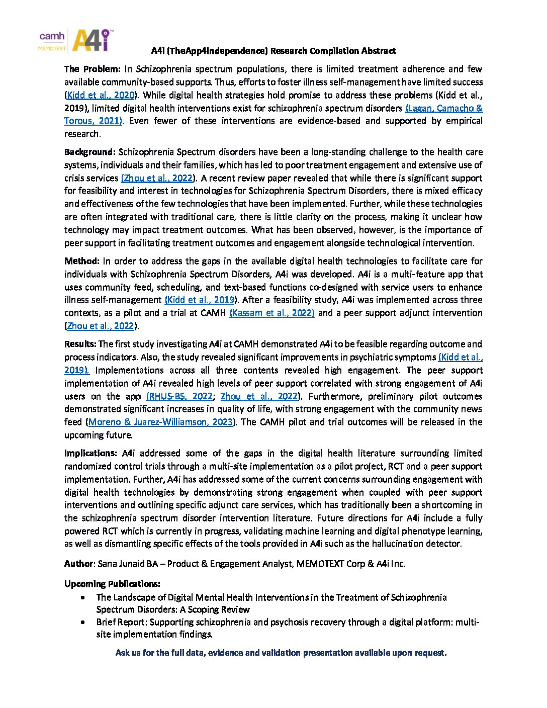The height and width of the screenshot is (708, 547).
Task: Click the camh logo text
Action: coord(52,36)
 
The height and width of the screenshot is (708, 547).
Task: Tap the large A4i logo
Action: coord(92,40)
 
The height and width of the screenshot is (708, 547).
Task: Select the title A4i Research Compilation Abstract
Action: coord(273,51)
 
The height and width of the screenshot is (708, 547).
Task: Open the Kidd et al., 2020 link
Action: coord(101,95)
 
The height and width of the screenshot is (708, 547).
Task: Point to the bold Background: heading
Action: coord(90,152)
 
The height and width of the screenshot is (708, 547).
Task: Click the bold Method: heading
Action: coord(82,261)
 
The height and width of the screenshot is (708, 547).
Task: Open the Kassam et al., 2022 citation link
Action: coord(272,313)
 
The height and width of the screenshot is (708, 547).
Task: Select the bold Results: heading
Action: coord(80,344)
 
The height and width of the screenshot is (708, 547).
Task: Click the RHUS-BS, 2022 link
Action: coord(179,396)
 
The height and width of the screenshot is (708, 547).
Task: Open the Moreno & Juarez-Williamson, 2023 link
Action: coord(160,422)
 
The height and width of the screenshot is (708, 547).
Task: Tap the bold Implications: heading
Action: coord(90,453)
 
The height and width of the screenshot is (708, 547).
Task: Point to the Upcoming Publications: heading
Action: coord(112,584)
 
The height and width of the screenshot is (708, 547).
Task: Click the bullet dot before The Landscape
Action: coord(82,598)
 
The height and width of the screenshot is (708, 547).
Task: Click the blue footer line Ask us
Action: coord(281,653)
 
